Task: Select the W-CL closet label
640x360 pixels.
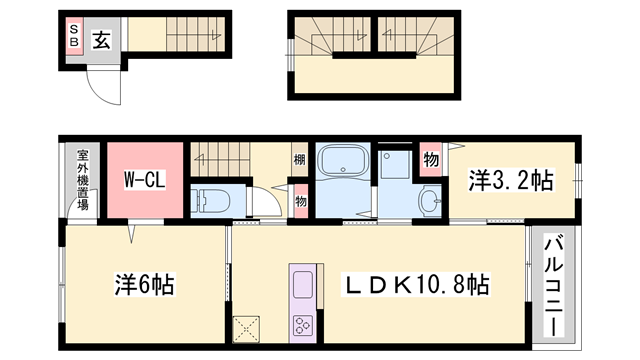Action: [x=145, y=181]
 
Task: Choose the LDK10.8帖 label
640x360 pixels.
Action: [x=418, y=285]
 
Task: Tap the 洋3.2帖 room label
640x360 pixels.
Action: [x=512, y=181]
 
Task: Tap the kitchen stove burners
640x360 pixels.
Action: [x=301, y=325]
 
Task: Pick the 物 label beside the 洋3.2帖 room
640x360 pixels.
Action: [x=431, y=160]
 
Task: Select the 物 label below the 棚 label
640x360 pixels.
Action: [x=299, y=199]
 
